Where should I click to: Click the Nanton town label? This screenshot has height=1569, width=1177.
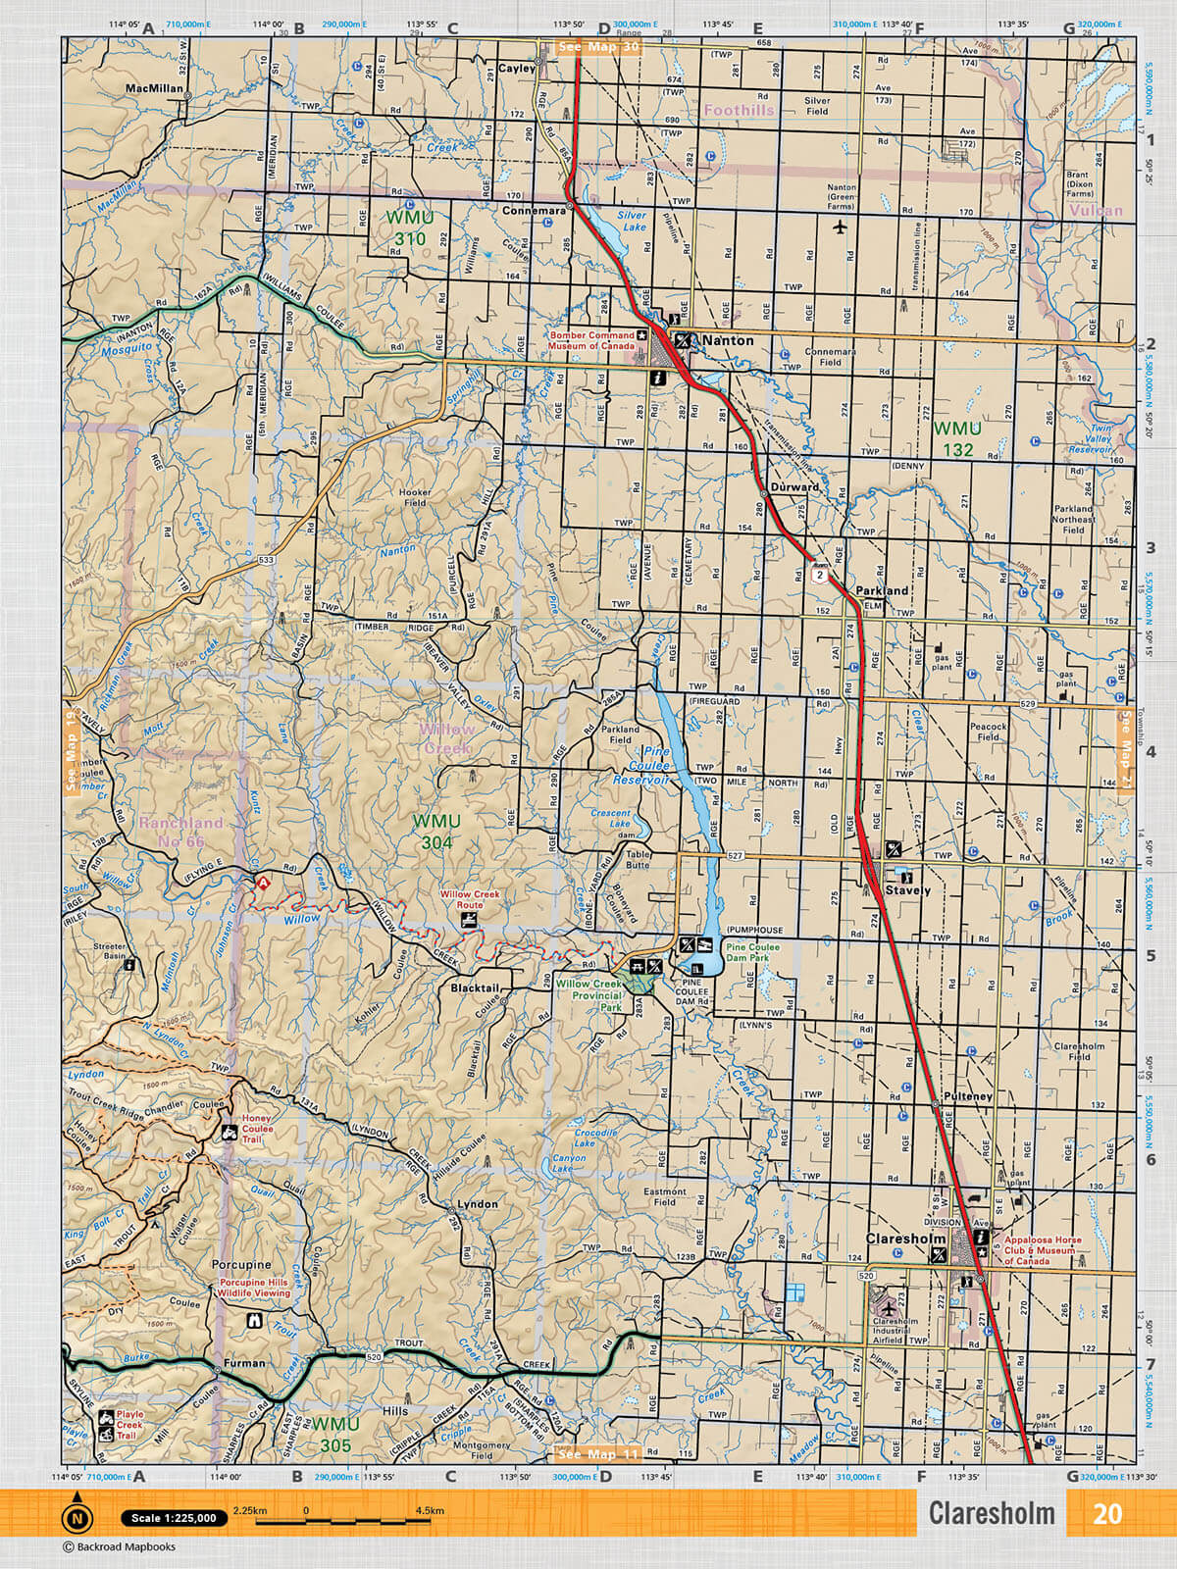click(x=728, y=340)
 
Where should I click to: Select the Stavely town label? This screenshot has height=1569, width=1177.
click(x=907, y=890)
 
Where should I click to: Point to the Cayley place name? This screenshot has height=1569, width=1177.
click(x=517, y=69)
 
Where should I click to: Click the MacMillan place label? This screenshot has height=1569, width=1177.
click(x=154, y=88)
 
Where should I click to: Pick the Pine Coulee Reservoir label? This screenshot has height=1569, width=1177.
click(x=641, y=765)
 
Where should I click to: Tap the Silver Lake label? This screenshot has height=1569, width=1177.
click(x=632, y=221)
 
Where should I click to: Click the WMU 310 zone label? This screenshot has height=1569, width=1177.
click(x=409, y=228)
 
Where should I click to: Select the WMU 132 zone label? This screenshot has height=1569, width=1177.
click(x=956, y=439)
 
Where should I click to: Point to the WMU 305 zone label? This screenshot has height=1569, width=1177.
click(x=335, y=1434)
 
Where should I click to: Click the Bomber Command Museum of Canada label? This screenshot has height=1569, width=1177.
click(x=591, y=340)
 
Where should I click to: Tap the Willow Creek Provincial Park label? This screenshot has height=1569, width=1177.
click(x=588, y=994)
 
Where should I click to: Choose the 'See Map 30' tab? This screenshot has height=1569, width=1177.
click(x=597, y=46)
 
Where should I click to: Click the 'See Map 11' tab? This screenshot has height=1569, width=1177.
click(x=597, y=1454)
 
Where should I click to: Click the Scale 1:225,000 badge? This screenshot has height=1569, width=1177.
click(x=174, y=1518)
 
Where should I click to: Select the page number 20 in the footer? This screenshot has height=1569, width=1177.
click(x=1106, y=1514)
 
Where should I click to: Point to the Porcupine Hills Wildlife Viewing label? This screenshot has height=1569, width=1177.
click(x=254, y=1287)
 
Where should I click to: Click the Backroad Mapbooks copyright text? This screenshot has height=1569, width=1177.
click(x=119, y=1546)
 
